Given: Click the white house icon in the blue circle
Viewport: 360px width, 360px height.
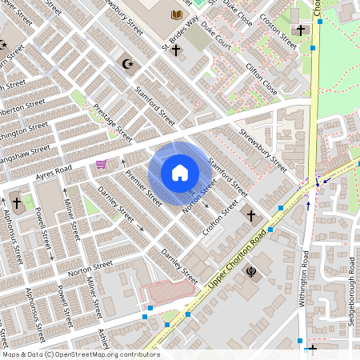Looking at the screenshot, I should (179, 173).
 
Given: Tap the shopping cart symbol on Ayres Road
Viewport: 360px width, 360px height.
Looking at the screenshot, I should (102, 165).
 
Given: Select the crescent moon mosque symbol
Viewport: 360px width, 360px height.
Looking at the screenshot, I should (126, 62).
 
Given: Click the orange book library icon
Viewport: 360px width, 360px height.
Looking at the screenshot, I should (176, 15).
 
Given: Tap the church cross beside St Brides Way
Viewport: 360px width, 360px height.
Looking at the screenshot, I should (175, 50).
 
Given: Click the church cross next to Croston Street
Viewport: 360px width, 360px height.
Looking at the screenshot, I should (302, 30).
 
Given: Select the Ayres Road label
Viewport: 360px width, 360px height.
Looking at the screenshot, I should (54, 172).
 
